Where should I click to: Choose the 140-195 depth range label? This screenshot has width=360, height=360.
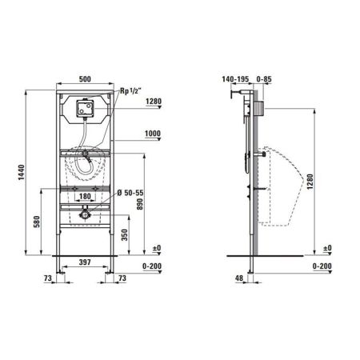(238, 78)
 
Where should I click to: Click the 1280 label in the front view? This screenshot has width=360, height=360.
(154, 102)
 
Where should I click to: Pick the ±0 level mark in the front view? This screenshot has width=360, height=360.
(156, 249)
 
